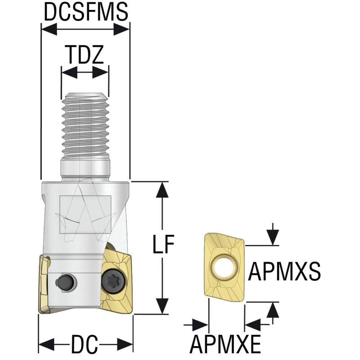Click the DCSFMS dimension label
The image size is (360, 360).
click(x=85, y=13)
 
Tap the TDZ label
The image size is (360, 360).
click(x=85, y=55)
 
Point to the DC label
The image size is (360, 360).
click(x=84, y=346)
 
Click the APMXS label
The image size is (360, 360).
click(x=284, y=271)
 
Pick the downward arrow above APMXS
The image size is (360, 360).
click(x=273, y=237)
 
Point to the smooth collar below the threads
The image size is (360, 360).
click(x=85, y=170)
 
